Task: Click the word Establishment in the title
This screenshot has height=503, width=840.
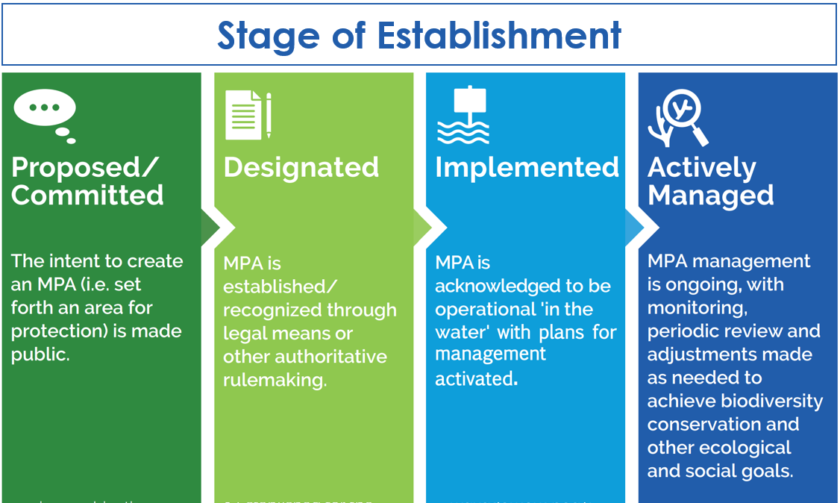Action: tap(499, 35)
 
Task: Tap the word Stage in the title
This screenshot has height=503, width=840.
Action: tap(272, 35)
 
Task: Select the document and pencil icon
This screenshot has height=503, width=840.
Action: tap(248, 115)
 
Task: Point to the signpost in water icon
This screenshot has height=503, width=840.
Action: tap(463, 115)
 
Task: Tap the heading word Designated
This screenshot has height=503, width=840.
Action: tap(301, 167)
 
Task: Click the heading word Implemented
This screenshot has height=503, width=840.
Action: tap(527, 167)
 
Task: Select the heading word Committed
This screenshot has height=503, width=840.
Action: tap(87, 195)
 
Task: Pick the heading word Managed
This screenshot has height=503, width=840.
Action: tap(710, 195)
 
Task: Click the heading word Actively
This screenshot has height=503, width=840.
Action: tap(701, 168)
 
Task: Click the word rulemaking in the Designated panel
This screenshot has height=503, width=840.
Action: tap(275, 380)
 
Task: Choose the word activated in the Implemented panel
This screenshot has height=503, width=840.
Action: tap(474, 378)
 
